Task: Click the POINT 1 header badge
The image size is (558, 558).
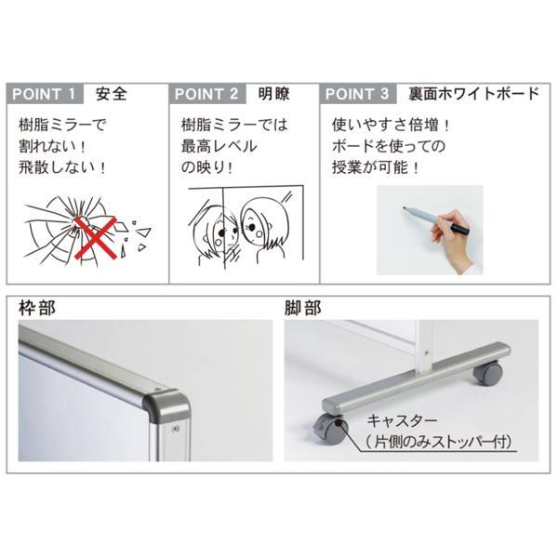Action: coord(45,94)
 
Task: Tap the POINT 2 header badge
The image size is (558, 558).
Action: coord(207,94)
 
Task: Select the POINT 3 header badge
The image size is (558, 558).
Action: coord(358,94)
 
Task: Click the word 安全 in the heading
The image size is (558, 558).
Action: coord(112,94)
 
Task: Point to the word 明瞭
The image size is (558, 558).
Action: coord(273,94)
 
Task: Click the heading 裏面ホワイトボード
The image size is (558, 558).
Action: coord(473,94)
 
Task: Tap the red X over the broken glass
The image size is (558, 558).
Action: coord(96,238)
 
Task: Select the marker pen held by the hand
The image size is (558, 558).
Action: coord(435,219)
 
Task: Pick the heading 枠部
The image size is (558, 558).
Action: coord(37,308)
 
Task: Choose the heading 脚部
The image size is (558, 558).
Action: coord(303,308)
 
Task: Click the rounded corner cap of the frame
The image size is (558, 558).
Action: coord(166,405)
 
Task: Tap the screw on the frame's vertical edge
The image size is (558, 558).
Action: coord(175,429)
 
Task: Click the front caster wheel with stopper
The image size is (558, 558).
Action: coord(330,430)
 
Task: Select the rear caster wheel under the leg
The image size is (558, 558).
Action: coord(487,373)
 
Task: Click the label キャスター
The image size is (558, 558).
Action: coord(402,421)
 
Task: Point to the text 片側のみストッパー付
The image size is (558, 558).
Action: coord(438,442)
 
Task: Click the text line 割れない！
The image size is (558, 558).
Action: coord(52,146)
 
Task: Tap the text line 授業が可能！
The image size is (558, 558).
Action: coord(376,167)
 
